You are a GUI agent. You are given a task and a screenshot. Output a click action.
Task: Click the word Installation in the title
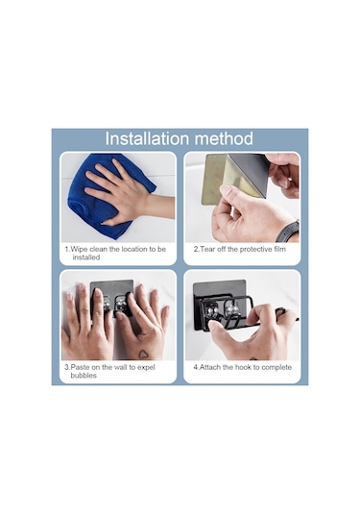pos(150,138)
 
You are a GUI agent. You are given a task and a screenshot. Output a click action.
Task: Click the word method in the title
pos(226,138)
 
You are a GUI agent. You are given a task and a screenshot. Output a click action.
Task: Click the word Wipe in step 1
pos(79,249)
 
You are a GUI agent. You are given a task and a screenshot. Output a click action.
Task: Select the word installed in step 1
pos(86,257)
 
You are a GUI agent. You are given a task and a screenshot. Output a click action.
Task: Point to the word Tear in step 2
pos(207,249)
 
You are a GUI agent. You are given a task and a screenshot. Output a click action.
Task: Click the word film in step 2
pos(280,249)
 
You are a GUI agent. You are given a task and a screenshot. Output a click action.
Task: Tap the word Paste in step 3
pos(81,367)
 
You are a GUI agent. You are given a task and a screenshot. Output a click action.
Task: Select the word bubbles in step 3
pos(84,376)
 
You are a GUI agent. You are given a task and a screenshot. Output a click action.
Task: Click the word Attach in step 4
pos(210,367)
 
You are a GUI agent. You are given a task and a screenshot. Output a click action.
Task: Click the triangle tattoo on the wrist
pos(143,354)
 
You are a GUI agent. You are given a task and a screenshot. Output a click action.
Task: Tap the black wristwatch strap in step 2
pos(288,232)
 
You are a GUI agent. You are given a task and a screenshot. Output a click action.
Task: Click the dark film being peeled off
pos(250,174)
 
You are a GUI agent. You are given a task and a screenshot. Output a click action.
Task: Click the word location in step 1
pos(135,249)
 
